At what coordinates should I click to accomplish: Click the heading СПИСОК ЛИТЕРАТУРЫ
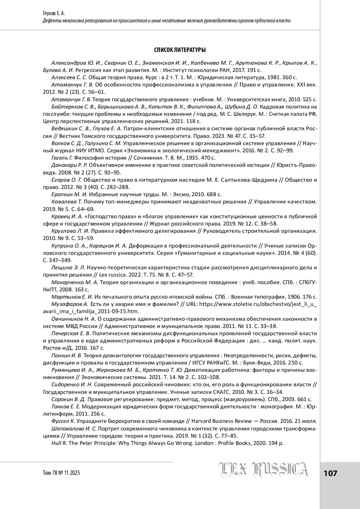[x=180, y=50]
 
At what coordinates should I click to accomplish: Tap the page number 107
[x=330, y=473]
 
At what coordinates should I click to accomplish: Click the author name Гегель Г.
[x=62, y=158]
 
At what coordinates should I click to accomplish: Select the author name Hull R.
[x=59, y=443]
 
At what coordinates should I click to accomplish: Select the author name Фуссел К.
[x=63, y=421]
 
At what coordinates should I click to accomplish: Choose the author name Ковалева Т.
[x=67, y=202]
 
